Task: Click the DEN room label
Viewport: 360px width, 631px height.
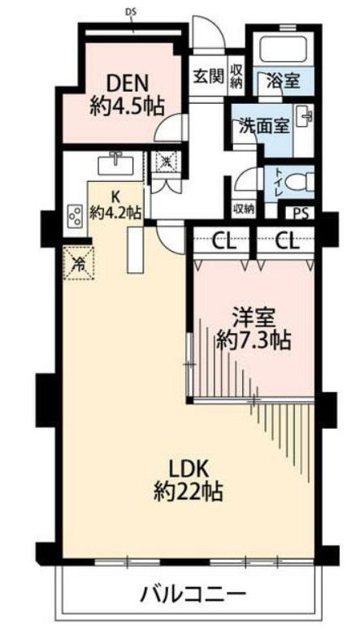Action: point(127,84)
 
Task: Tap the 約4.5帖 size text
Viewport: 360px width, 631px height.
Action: point(127,107)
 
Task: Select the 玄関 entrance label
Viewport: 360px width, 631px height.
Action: point(208,76)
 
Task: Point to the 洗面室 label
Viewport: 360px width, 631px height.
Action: point(264,127)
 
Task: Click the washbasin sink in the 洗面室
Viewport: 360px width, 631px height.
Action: point(305,117)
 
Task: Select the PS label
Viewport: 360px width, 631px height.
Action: point(301,214)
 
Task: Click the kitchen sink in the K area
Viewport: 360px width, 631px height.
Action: point(115,164)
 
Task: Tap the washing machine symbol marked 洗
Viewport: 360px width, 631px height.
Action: point(167,162)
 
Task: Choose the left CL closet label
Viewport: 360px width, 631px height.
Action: point(223,242)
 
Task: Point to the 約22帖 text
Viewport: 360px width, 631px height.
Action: point(189,492)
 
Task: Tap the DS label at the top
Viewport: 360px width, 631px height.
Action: point(132,12)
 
